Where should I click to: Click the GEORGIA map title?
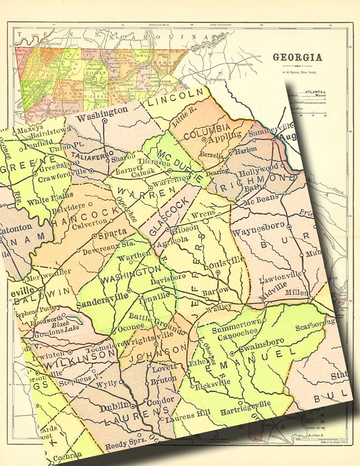tap(296, 58)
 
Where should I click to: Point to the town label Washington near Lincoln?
tap(102, 110)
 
